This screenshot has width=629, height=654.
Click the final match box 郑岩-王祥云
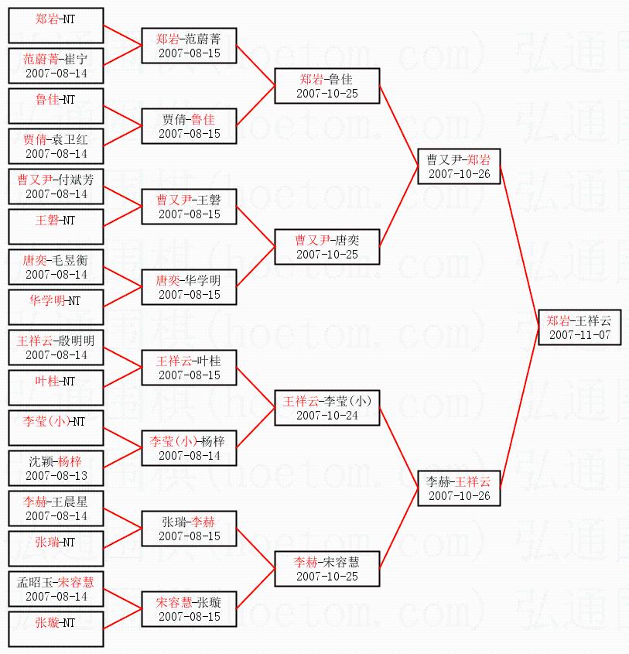click(579, 327)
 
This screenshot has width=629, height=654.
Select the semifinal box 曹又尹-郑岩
click(459, 166)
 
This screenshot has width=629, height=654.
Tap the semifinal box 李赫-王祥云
click(459, 488)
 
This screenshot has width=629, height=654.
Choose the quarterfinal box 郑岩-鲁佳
click(327, 86)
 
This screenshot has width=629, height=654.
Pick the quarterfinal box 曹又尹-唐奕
click(327, 247)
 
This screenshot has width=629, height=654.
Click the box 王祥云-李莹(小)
click(327, 408)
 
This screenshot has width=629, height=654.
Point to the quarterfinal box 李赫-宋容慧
click(327, 569)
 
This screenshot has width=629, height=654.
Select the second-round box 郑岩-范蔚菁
click(189, 46)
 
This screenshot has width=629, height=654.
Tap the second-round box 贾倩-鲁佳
click(189, 126)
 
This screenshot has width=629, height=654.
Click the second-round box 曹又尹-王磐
click(189, 207)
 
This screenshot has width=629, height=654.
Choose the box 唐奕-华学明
click(189, 287)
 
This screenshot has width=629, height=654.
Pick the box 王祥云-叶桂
click(189, 368)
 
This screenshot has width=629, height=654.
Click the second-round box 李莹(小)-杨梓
click(189, 448)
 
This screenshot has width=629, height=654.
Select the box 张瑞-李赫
click(189, 529)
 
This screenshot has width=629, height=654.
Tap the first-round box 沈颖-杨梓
click(56, 468)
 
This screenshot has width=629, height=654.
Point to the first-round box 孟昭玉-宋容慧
click(56, 589)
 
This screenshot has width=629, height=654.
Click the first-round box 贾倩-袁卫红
click(56, 146)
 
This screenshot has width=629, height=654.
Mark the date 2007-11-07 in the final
click(579, 335)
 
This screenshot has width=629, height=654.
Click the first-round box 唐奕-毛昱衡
click(56, 267)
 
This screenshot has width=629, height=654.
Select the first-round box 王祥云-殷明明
click(56, 348)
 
